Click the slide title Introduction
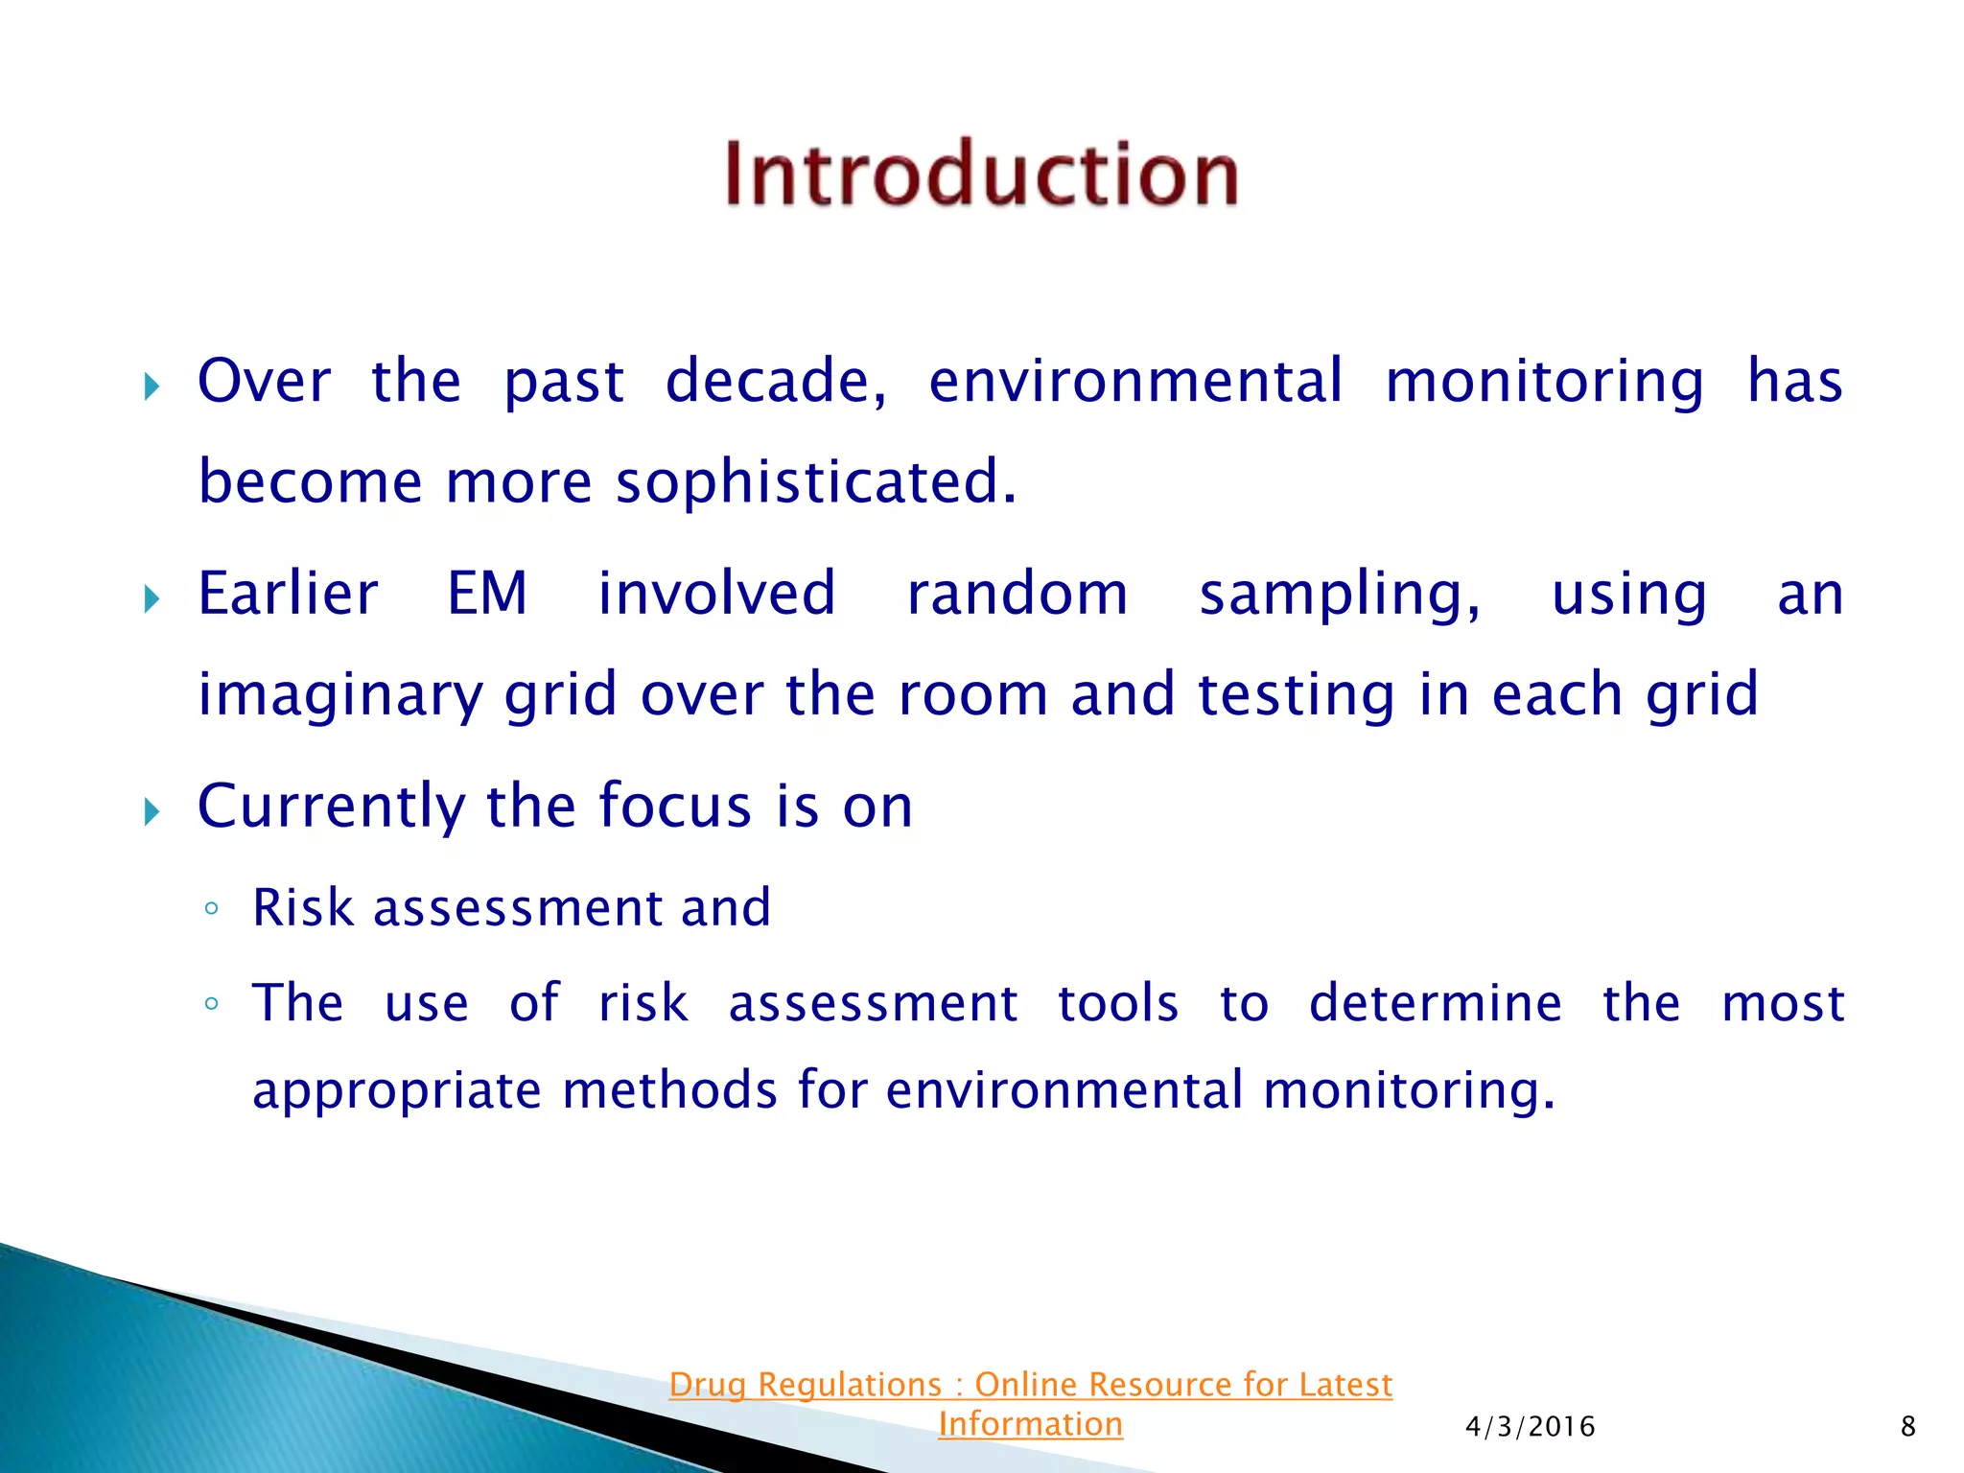981,175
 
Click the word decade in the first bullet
775,382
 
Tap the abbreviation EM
487,594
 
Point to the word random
1017,594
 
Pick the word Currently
331,807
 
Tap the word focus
674,806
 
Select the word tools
1117,1004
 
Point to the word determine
1435,1004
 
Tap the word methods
669,1090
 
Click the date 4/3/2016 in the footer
1530,1427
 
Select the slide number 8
1907,1427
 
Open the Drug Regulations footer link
1030,1386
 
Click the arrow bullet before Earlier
152,600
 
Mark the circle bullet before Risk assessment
212,908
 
